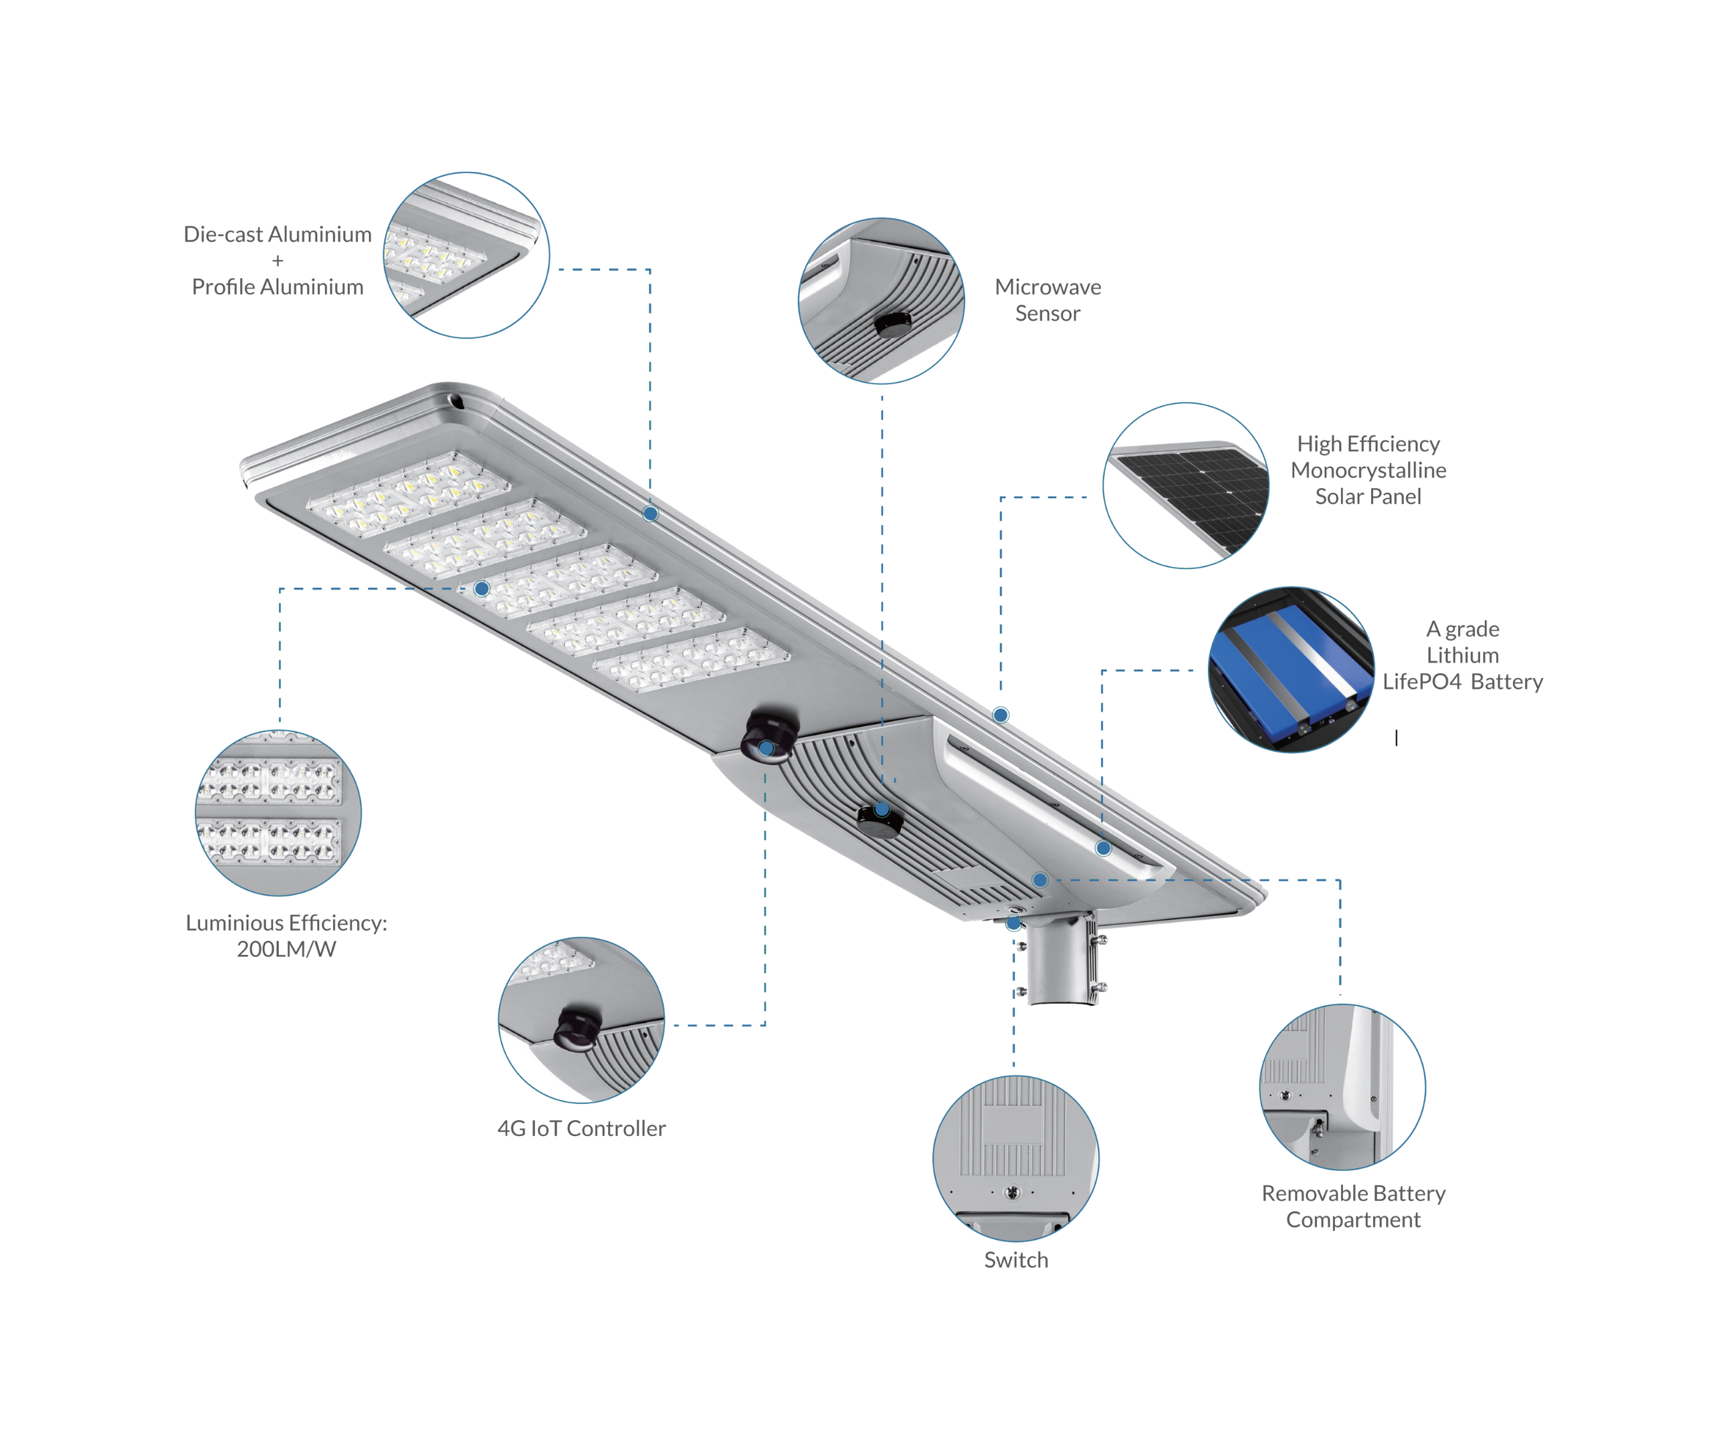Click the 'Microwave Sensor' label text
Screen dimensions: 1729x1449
coord(1047,300)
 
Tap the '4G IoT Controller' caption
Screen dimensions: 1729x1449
coord(581,1128)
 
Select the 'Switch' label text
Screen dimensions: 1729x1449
coord(1016,1260)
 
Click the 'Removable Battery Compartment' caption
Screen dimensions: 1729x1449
coord(1354,1206)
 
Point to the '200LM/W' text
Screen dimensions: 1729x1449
coord(286,950)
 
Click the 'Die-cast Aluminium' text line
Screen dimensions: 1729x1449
coord(278,235)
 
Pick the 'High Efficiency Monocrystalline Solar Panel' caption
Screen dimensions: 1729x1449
coord(1368,470)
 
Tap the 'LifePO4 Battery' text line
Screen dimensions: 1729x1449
coord(1462,681)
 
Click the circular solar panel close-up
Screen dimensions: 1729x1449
coord(1186,485)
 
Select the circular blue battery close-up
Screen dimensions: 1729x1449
coord(1291,669)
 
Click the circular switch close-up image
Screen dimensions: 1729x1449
coord(1016,1158)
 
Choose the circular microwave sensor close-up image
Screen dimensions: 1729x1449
coord(882,300)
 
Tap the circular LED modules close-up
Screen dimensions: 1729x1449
coord(278,812)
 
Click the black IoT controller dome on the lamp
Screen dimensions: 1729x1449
coord(769,736)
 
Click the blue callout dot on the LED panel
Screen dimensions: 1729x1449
coord(482,588)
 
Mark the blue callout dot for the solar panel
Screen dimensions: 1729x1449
coord(1001,715)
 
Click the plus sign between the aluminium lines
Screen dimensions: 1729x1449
coord(278,261)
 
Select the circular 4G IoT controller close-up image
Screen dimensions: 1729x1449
coord(581,1020)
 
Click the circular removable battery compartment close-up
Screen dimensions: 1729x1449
coord(1343,1087)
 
